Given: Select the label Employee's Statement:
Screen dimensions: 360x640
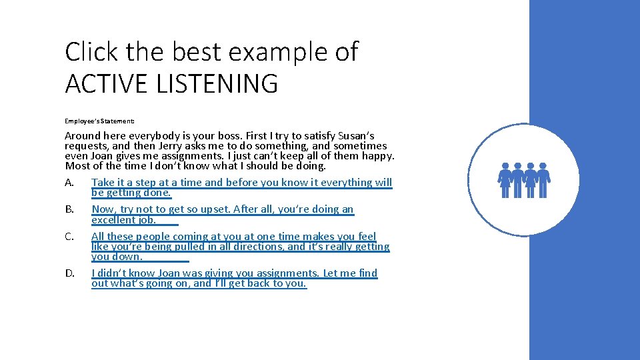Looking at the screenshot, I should click(99, 121).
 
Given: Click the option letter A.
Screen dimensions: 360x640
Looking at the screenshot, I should click(69, 183).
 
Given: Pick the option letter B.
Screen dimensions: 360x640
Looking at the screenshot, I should click(69, 209).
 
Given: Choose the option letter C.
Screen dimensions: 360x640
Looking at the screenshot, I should click(69, 237).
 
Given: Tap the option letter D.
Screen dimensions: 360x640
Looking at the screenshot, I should click(69, 273).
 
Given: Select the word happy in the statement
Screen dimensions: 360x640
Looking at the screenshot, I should click(378, 156).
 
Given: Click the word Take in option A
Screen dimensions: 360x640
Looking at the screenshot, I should click(103, 183).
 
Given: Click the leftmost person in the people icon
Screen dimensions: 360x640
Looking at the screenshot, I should click(505, 180).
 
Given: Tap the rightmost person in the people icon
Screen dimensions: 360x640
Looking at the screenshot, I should click(543, 180).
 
